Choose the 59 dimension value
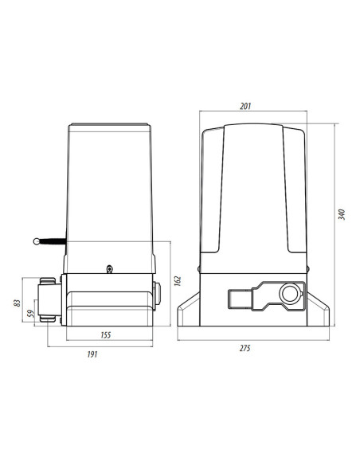coord(31,313)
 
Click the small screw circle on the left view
coord(109,268)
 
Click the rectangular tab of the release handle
coord(239,299)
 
